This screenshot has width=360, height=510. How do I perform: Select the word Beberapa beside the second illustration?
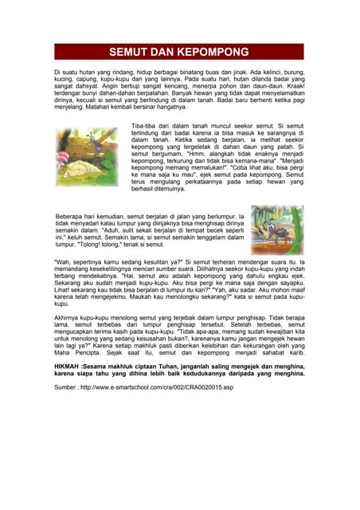70,216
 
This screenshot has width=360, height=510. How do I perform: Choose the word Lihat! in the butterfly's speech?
65,289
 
